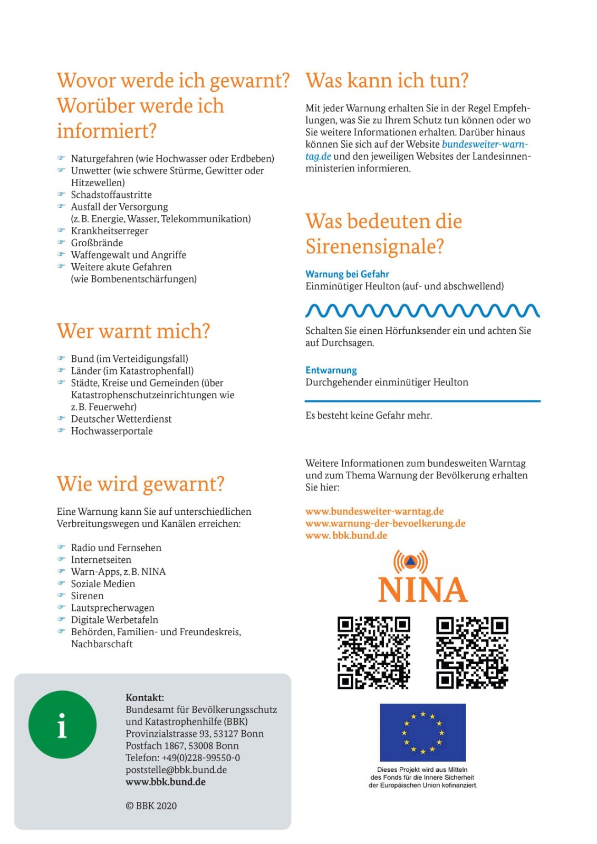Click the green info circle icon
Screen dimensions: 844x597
(x=62, y=724)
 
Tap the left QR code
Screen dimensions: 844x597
(x=373, y=653)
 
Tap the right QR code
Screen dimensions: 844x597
(x=472, y=653)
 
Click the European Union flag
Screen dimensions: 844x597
(x=422, y=732)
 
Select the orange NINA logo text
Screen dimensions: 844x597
(x=423, y=590)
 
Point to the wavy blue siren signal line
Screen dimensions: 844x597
(x=422, y=311)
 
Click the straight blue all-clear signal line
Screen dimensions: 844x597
(x=422, y=401)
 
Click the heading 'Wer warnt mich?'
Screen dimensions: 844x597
(x=133, y=331)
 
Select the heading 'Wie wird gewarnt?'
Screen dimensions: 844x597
(x=140, y=484)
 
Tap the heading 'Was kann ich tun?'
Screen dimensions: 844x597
(x=387, y=81)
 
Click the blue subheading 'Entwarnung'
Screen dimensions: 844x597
(x=331, y=370)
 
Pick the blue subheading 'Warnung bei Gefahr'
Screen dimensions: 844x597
(x=347, y=274)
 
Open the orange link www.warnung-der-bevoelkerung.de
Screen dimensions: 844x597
(x=385, y=523)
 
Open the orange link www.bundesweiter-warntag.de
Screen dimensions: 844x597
(x=374, y=511)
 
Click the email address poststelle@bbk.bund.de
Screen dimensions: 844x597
(x=176, y=770)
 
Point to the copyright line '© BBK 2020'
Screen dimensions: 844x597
(x=151, y=805)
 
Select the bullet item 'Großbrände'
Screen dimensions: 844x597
(x=97, y=243)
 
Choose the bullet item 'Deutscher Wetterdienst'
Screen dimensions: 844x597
(x=121, y=419)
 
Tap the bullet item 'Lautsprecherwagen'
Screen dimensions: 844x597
(x=113, y=608)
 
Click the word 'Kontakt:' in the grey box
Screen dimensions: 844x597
(x=145, y=697)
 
